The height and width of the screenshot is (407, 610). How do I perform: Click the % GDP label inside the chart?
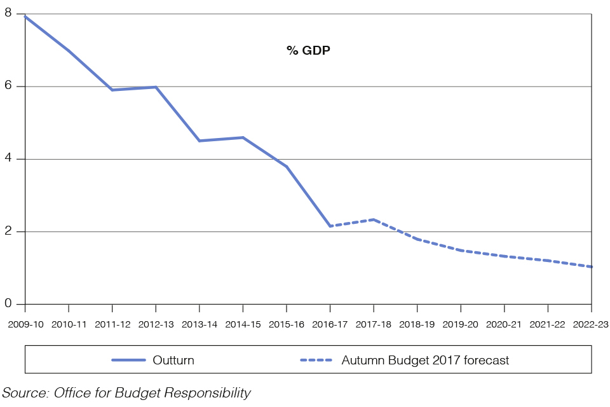pos(309,50)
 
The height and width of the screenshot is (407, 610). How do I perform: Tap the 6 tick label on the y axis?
pos(9,86)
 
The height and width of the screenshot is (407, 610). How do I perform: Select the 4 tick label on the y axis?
pos(9,158)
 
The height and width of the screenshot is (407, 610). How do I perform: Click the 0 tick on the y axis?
pos(9,304)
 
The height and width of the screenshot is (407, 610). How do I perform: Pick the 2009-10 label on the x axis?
pos(26,324)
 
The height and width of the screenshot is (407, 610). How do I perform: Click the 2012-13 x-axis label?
pos(156,324)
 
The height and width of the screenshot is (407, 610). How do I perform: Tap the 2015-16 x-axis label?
pos(287,324)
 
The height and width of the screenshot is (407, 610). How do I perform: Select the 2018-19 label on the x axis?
pos(417,324)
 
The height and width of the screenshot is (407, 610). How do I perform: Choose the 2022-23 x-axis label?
pos(591,324)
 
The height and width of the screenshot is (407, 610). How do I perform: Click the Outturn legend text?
pos(173,361)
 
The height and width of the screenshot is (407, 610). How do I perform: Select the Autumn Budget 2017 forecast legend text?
pos(425,361)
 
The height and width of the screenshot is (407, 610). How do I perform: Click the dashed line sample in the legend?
pos(317,361)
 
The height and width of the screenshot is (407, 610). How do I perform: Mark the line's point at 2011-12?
pos(112,90)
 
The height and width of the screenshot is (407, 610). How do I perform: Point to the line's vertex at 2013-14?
pos(200,141)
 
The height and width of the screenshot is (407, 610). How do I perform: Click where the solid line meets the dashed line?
pos(330,226)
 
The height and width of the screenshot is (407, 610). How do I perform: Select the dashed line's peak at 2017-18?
pos(374,219)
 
